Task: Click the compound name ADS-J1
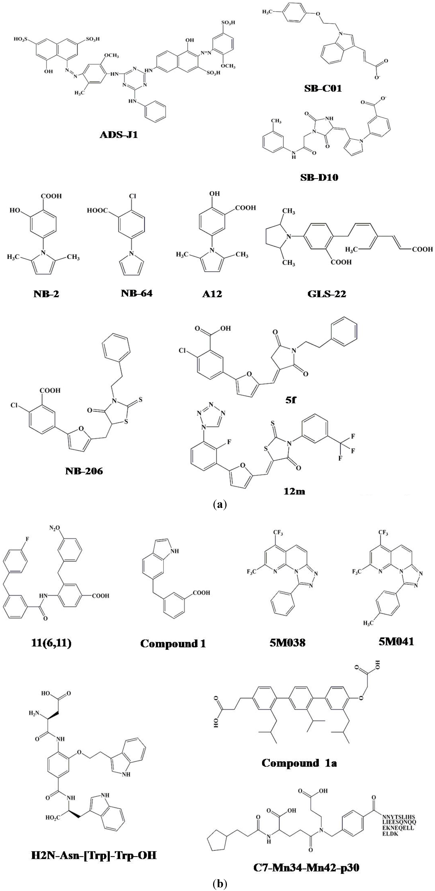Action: click(x=119, y=135)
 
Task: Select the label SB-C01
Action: click(x=323, y=89)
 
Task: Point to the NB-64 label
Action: click(x=137, y=293)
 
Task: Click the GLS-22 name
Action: click(x=327, y=294)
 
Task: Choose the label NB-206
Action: click(x=84, y=471)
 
